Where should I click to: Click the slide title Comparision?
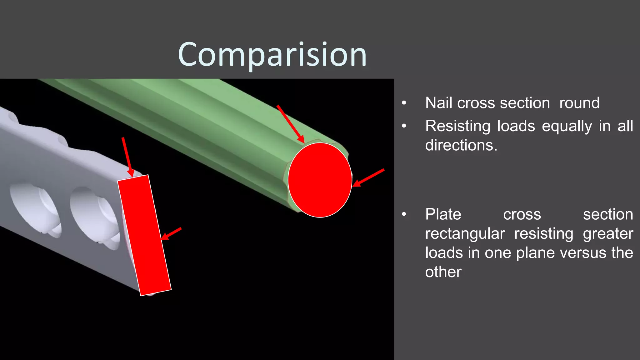tap(272, 55)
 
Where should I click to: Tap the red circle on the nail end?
tap(320, 180)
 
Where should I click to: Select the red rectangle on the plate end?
tap(144, 235)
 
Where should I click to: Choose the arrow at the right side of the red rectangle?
tap(171, 234)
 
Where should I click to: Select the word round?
tap(579, 103)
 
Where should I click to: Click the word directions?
tap(461, 145)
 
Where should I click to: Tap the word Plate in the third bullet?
tap(443, 214)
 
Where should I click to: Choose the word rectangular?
tap(465, 234)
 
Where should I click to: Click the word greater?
tap(608, 234)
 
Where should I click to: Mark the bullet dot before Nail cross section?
tap(404, 103)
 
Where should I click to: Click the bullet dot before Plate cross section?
tap(404, 214)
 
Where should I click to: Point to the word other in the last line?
tap(443, 272)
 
